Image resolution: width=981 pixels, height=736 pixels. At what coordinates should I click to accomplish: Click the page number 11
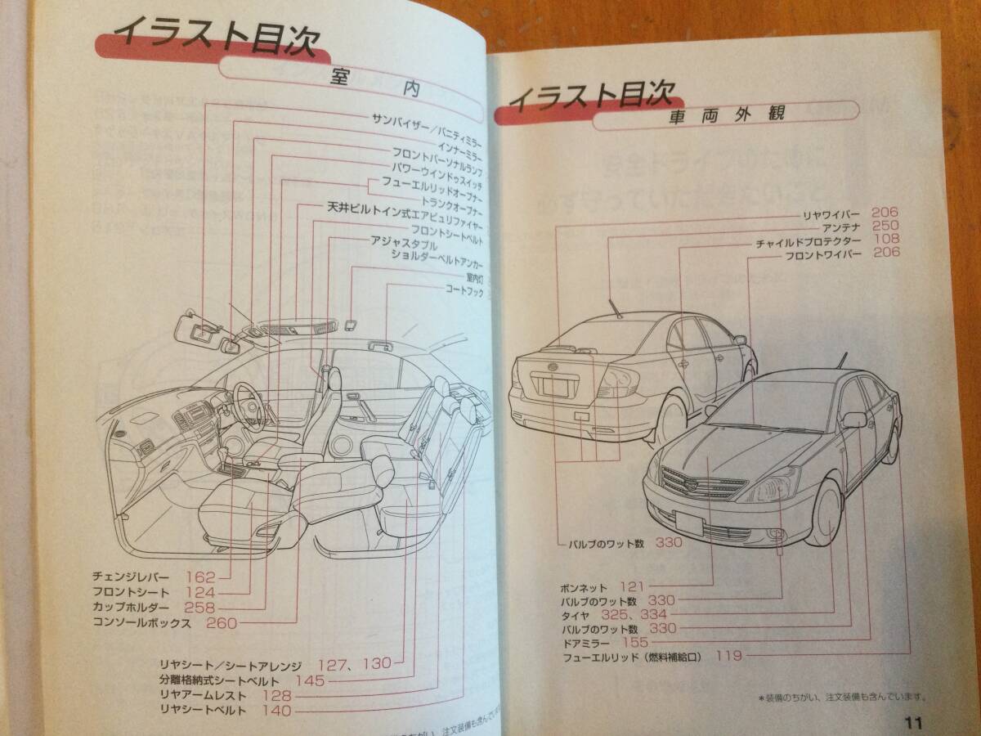coord(913,721)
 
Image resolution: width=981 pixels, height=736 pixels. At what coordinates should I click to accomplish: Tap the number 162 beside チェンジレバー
coord(199,577)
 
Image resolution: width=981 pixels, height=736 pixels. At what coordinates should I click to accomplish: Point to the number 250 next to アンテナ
coord(885,226)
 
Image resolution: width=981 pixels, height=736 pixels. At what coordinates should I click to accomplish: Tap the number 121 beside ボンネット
coord(632,586)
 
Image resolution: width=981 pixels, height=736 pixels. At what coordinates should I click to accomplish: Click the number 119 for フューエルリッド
coord(729,655)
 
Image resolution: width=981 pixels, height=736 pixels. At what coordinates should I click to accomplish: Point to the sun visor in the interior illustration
coord(196,325)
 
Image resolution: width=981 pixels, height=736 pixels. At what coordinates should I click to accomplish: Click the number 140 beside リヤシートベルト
coord(277,711)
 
